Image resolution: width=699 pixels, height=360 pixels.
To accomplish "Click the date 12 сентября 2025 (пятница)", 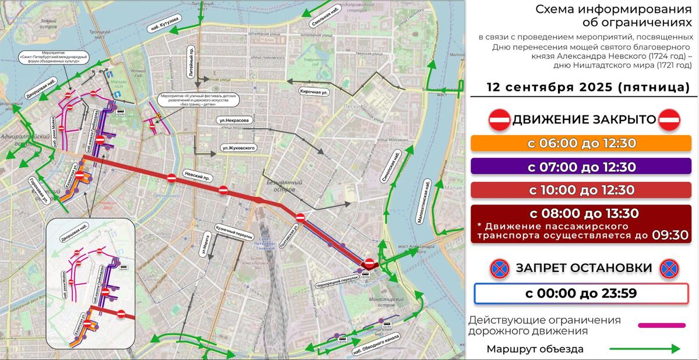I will pyautogui.click(x=588, y=88).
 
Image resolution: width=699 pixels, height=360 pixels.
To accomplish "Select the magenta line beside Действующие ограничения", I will pyautogui.click(x=661, y=326).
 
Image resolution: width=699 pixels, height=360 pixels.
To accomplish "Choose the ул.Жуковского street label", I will pyautogui.click(x=239, y=149).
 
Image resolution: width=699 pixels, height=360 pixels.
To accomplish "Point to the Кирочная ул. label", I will pyautogui.click(x=315, y=92).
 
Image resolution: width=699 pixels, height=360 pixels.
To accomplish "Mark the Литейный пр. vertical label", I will pyautogui.click(x=191, y=60).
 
